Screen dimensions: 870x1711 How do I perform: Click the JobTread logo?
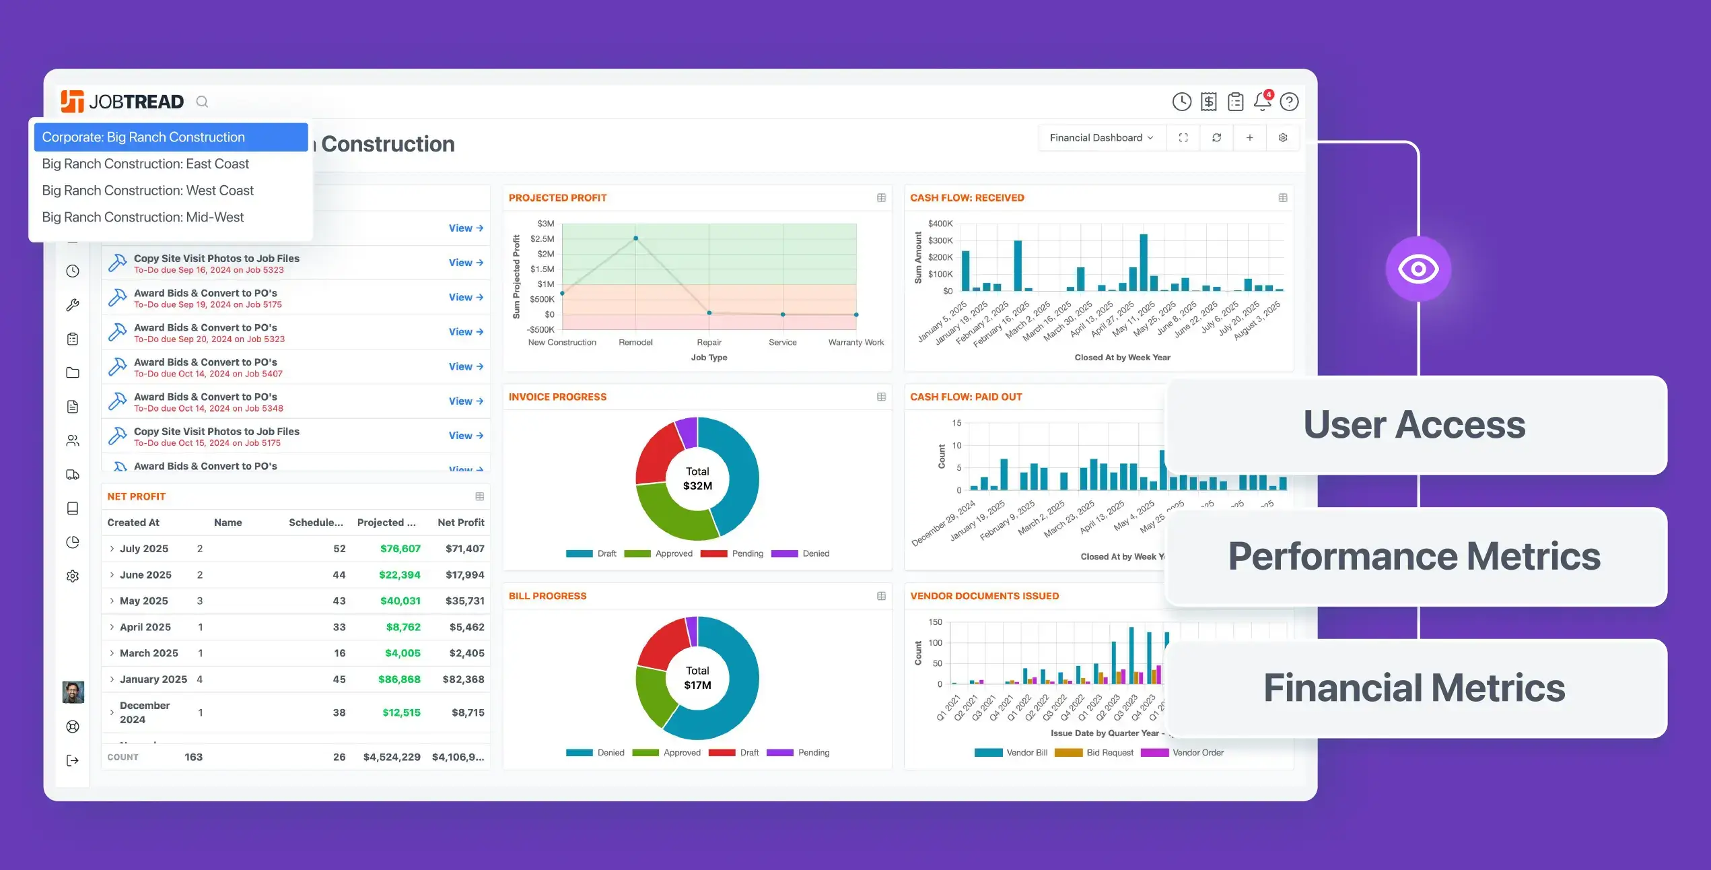[x=122, y=102]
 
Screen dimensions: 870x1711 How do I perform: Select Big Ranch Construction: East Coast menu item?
[x=145, y=164]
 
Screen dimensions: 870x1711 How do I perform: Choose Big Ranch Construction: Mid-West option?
[x=143, y=217]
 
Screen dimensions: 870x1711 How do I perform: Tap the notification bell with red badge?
[x=1262, y=101]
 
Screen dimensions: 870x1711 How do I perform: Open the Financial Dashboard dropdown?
[x=1101, y=137]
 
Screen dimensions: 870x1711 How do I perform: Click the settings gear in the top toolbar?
[x=1283, y=137]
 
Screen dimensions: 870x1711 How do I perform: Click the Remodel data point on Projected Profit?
[x=635, y=238]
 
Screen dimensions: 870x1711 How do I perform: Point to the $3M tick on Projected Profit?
[x=545, y=224]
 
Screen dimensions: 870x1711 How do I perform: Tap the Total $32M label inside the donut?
[x=697, y=479]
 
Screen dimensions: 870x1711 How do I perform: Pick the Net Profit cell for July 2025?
[x=464, y=549]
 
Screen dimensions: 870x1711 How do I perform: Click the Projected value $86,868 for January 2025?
[x=399, y=679]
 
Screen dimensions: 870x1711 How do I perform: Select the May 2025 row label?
[x=143, y=601]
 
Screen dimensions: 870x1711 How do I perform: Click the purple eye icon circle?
[x=1418, y=269]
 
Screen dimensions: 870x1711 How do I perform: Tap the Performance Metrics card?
[x=1415, y=556]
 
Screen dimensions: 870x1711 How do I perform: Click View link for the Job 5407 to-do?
[x=466, y=366]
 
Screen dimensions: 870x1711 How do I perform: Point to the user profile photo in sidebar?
[x=73, y=692]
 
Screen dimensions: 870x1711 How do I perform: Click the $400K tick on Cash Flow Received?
[x=940, y=224]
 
